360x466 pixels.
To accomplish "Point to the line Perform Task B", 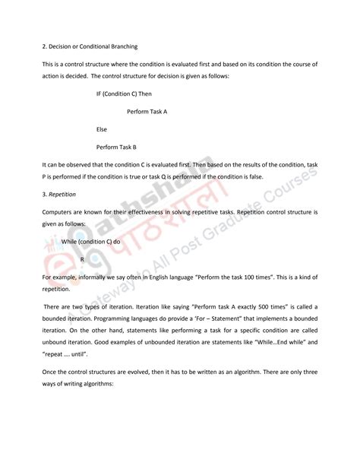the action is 116,147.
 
